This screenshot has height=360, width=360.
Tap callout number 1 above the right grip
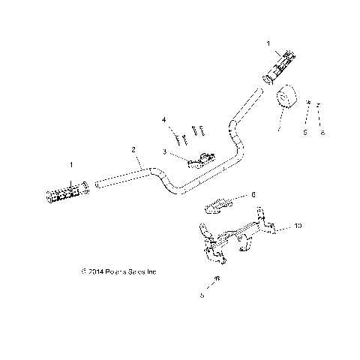point(268,43)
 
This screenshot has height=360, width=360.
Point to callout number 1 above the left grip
point(71,163)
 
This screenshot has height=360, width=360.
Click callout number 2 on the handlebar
point(133,149)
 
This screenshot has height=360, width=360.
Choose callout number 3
point(163,151)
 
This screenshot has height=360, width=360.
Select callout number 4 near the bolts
point(163,119)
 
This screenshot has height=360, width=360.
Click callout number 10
point(298,225)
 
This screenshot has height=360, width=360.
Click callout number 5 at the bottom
point(202,296)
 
